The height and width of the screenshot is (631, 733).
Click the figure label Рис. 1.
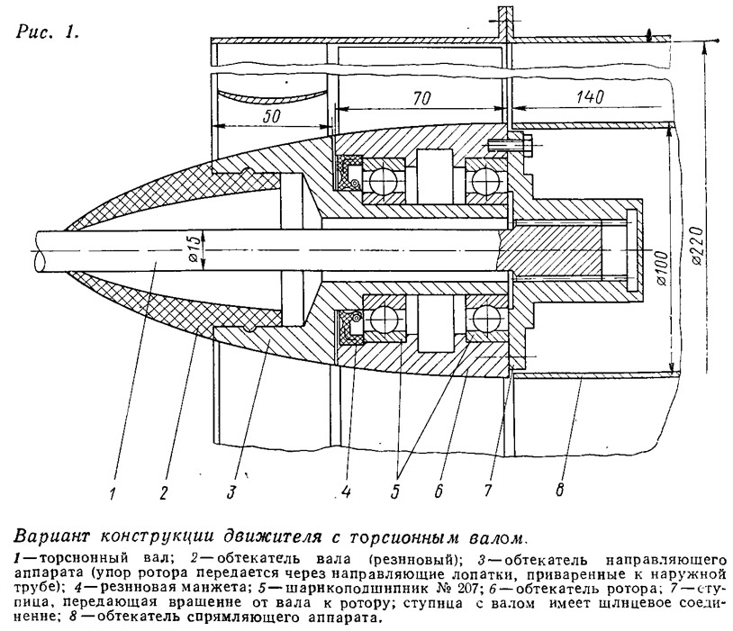47,32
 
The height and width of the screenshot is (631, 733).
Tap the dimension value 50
271,115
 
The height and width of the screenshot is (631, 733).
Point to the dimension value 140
589,96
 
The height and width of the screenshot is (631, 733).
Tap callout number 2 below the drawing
163,493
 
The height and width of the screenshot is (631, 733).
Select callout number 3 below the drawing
231,492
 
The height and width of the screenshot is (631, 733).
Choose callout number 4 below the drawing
346,491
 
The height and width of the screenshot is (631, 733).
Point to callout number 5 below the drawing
395,491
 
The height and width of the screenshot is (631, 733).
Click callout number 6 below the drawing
439,491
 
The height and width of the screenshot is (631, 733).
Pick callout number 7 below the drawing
487,491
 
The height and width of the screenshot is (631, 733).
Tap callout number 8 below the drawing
559,489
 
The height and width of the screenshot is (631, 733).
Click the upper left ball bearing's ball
383,180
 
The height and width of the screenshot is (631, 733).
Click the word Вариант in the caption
52,536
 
